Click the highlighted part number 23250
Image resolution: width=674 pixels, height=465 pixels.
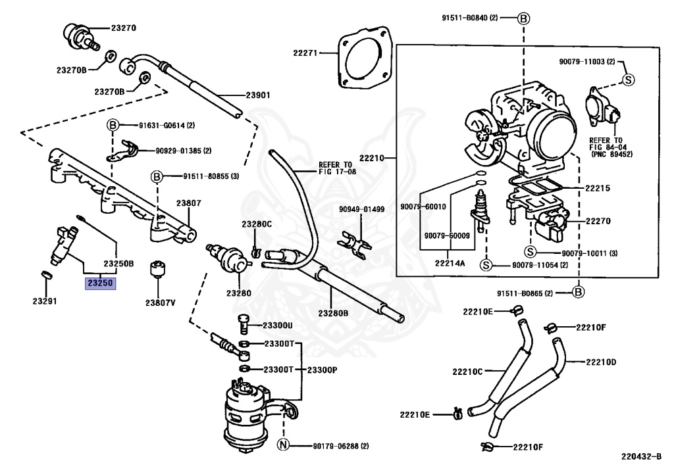[101, 283]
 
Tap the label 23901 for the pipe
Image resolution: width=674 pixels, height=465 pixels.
[258, 95]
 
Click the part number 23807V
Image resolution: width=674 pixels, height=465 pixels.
[161, 303]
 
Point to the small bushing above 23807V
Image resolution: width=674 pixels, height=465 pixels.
[158, 269]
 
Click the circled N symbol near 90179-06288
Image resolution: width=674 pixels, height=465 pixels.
[283, 445]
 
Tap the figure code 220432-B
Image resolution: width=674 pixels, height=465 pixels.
[641, 456]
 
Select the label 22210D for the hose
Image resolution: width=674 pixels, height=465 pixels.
[601, 362]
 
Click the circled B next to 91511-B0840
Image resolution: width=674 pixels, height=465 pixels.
[523, 18]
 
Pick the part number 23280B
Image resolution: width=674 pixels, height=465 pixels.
[333, 313]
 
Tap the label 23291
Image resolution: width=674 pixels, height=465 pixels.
[45, 301]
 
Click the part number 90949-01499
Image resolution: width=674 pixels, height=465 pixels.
[361, 209]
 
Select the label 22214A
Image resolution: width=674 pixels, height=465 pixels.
[450, 263]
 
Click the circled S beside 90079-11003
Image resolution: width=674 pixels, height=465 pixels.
[629, 80]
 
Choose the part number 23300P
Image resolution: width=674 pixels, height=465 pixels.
[322, 370]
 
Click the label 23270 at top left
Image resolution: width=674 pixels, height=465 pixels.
[124, 28]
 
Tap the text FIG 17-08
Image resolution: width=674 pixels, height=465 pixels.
[338, 172]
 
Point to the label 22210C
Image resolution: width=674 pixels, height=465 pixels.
[467, 372]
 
